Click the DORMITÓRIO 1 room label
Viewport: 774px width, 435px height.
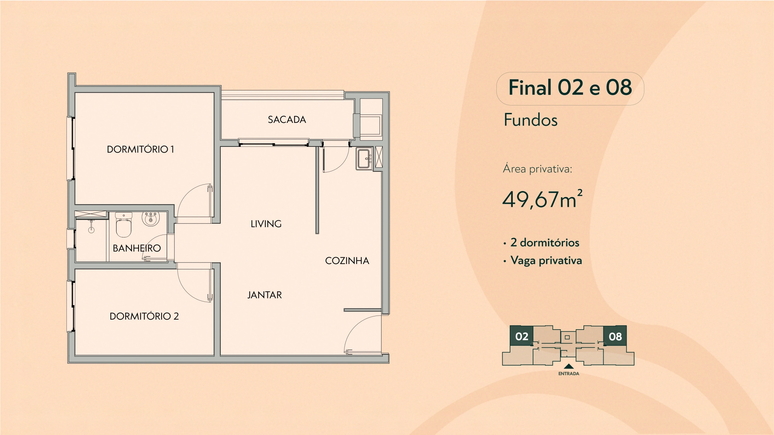pyautogui.click(x=140, y=149)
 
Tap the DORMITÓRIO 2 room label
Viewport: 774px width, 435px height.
pyautogui.click(x=144, y=316)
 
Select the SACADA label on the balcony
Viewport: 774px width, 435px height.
pyautogui.click(x=287, y=120)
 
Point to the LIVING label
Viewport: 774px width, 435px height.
pyautogui.click(x=266, y=224)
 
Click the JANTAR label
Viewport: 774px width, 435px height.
pyautogui.click(x=265, y=295)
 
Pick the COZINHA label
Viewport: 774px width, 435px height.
pyautogui.click(x=347, y=261)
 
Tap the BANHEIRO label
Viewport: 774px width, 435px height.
pyautogui.click(x=137, y=248)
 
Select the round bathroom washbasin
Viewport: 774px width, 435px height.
pyautogui.click(x=151, y=219)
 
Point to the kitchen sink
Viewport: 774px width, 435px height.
pyautogui.click(x=364, y=159)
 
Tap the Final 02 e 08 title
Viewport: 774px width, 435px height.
pyautogui.click(x=570, y=88)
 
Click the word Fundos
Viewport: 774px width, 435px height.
pyautogui.click(x=531, y=120)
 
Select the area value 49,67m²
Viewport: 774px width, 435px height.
pyautogui.click(x=542, y=199)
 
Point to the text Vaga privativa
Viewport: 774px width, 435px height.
pyautogui.click(x=546, y=260)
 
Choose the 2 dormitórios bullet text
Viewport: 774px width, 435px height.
pyautogui.click(x=545, y=243)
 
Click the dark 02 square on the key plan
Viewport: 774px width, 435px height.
pyautogui.click(x=522, y=336)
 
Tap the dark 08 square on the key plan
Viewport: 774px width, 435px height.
pyautogui.click(x=615, y=336)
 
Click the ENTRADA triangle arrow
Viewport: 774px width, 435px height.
pyautogui.click(x=569, y=366)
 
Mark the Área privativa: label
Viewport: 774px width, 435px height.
pyautogui.click(x=538, y=169)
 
